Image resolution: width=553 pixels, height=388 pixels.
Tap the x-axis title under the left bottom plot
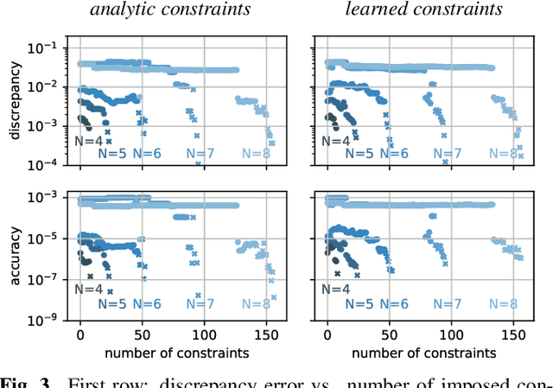(x=174, y=353)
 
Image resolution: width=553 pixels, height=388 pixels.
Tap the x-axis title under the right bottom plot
(x=421, y=353)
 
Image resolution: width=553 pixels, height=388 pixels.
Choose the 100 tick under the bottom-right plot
(x=451, y=336)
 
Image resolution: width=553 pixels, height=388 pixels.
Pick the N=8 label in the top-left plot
(x=257, y=154)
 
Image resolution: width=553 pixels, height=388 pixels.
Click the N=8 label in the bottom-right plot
(x=502, y=304)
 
